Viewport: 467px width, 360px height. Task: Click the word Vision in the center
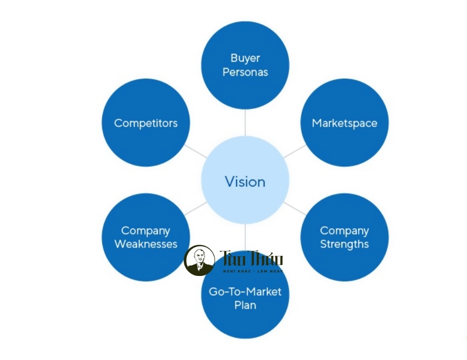tap(245, 182)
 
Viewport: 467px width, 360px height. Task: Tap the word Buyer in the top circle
tap(245, 58)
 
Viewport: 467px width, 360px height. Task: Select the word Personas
tap(245, 72)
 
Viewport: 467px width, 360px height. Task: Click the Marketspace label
tap(345, 123)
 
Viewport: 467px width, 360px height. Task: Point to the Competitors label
tap(146, 123)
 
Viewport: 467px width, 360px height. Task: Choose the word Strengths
tap(345, 244)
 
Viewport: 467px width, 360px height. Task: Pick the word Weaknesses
tap(146, 244)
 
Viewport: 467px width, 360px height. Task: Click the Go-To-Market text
tap(245, 292)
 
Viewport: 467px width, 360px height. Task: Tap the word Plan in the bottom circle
tap(245, 305)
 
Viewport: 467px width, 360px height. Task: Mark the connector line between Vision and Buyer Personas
tap(245, 123)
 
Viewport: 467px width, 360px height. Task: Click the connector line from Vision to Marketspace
tap(294, 152)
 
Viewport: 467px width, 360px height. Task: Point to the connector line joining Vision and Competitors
tap(196, 152)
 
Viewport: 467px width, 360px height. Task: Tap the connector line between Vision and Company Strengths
tap(294, 209)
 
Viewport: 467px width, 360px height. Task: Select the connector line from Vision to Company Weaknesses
tap(196, 209)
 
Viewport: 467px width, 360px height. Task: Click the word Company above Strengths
tap(345, 230)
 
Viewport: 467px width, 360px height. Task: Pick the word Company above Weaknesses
tap(146, 230)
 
